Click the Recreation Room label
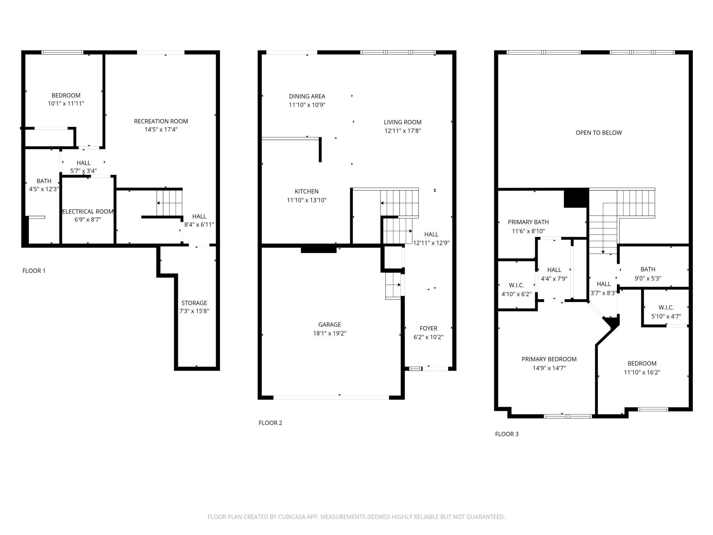[x=161, y=121]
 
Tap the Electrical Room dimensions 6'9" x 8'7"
[x=88, y=219]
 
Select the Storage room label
[x=194, y=303]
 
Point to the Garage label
[x=330, y=324]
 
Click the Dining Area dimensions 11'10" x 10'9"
[x=307, y=105]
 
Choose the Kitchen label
[x=307, y=191]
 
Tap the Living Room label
[x=402, y=122]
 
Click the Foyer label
[x=428, y=328]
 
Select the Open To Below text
[x=599, y=133]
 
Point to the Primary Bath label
[x=528, y=222]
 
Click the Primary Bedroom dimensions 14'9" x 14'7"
[x=549, y=368]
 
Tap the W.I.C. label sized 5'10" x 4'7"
[x=666, y=308]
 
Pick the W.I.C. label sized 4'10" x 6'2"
[x=516, y=285]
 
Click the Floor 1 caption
[x=34, y=271]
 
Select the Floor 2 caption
[x=270, y=423]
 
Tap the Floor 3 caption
[x=507, y=434]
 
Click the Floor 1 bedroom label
[x=66, y=95]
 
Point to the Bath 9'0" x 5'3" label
[x=648, y=270]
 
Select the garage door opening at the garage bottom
[x=331, y=397]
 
